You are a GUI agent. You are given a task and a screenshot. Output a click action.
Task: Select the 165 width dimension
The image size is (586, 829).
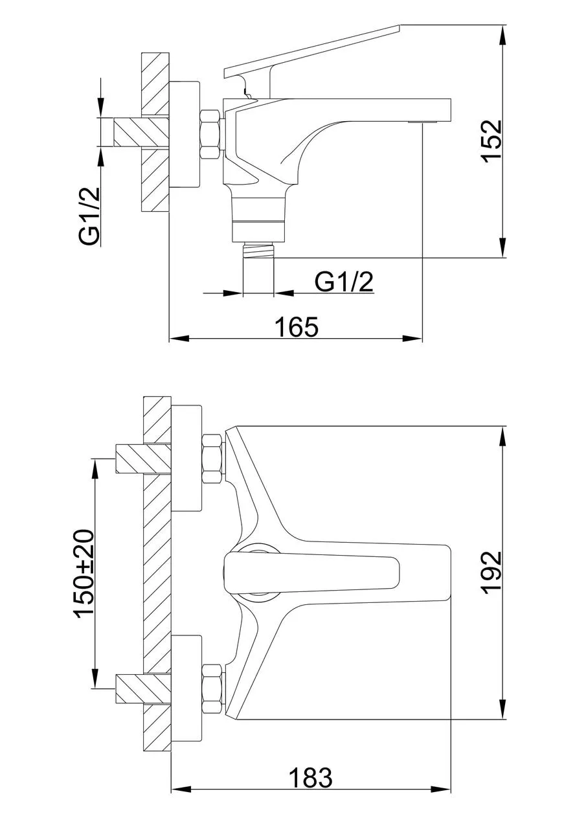click(297, 327)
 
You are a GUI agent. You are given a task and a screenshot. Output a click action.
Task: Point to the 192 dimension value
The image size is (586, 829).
click(491, 573)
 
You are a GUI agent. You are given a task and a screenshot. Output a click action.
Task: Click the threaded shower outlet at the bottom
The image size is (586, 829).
click(258, 250)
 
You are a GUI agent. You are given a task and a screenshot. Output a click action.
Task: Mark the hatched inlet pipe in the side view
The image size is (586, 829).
click(141, 133)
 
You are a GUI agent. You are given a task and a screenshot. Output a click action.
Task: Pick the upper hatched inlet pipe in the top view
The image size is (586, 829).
click(143, 459)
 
